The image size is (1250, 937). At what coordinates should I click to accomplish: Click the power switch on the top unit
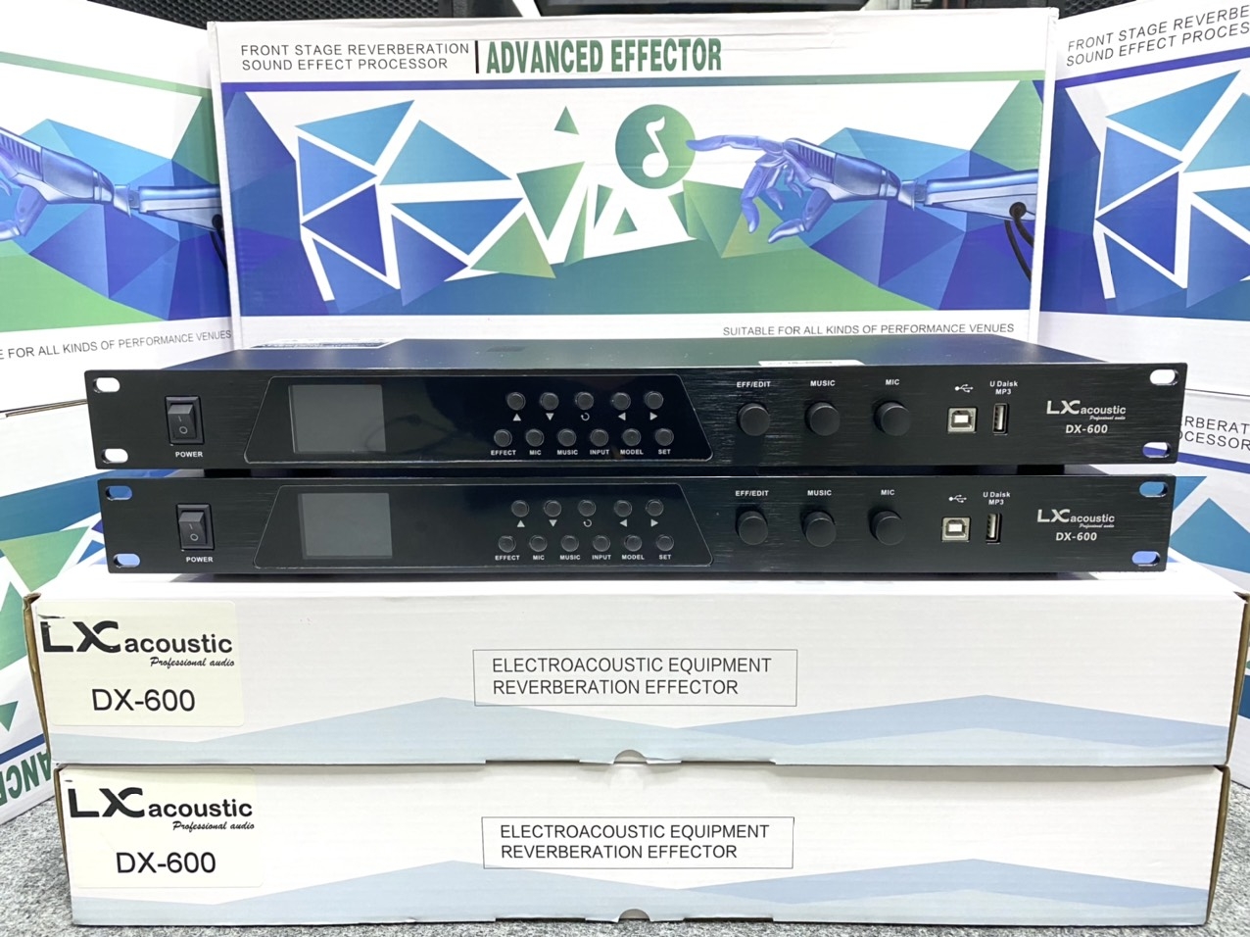pyautogui.click(x=183, y=420)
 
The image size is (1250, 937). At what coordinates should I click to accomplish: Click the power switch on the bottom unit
pyautogui.click(x=195, y=527)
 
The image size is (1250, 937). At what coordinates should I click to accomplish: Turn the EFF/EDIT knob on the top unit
pyautogui.click(x=753, y=419)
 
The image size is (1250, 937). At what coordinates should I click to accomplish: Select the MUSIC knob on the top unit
pyautogui.click(x=823, y=419)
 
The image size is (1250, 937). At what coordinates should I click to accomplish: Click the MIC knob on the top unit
pyautogui.click(x=891, y=418)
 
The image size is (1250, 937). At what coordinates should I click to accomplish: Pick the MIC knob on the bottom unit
pyautogui.click(x=887, y=527)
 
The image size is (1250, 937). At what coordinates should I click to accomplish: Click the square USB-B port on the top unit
pyautogui.click(x=961, y=419)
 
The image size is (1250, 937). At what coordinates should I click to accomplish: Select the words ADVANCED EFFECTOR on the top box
pyautogui.click(x=603, y=57)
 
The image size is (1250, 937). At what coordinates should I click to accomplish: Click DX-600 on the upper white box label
pyautogui.click(x=143, y=700)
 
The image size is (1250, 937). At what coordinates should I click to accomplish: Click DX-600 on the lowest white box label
pyautogui.click(x=166, y=863)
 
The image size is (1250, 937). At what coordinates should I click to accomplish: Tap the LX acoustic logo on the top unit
pyautogui.click(x=1085, y=410)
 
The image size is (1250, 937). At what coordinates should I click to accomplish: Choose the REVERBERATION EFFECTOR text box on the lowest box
pyautogui.click(x=637, y=842)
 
